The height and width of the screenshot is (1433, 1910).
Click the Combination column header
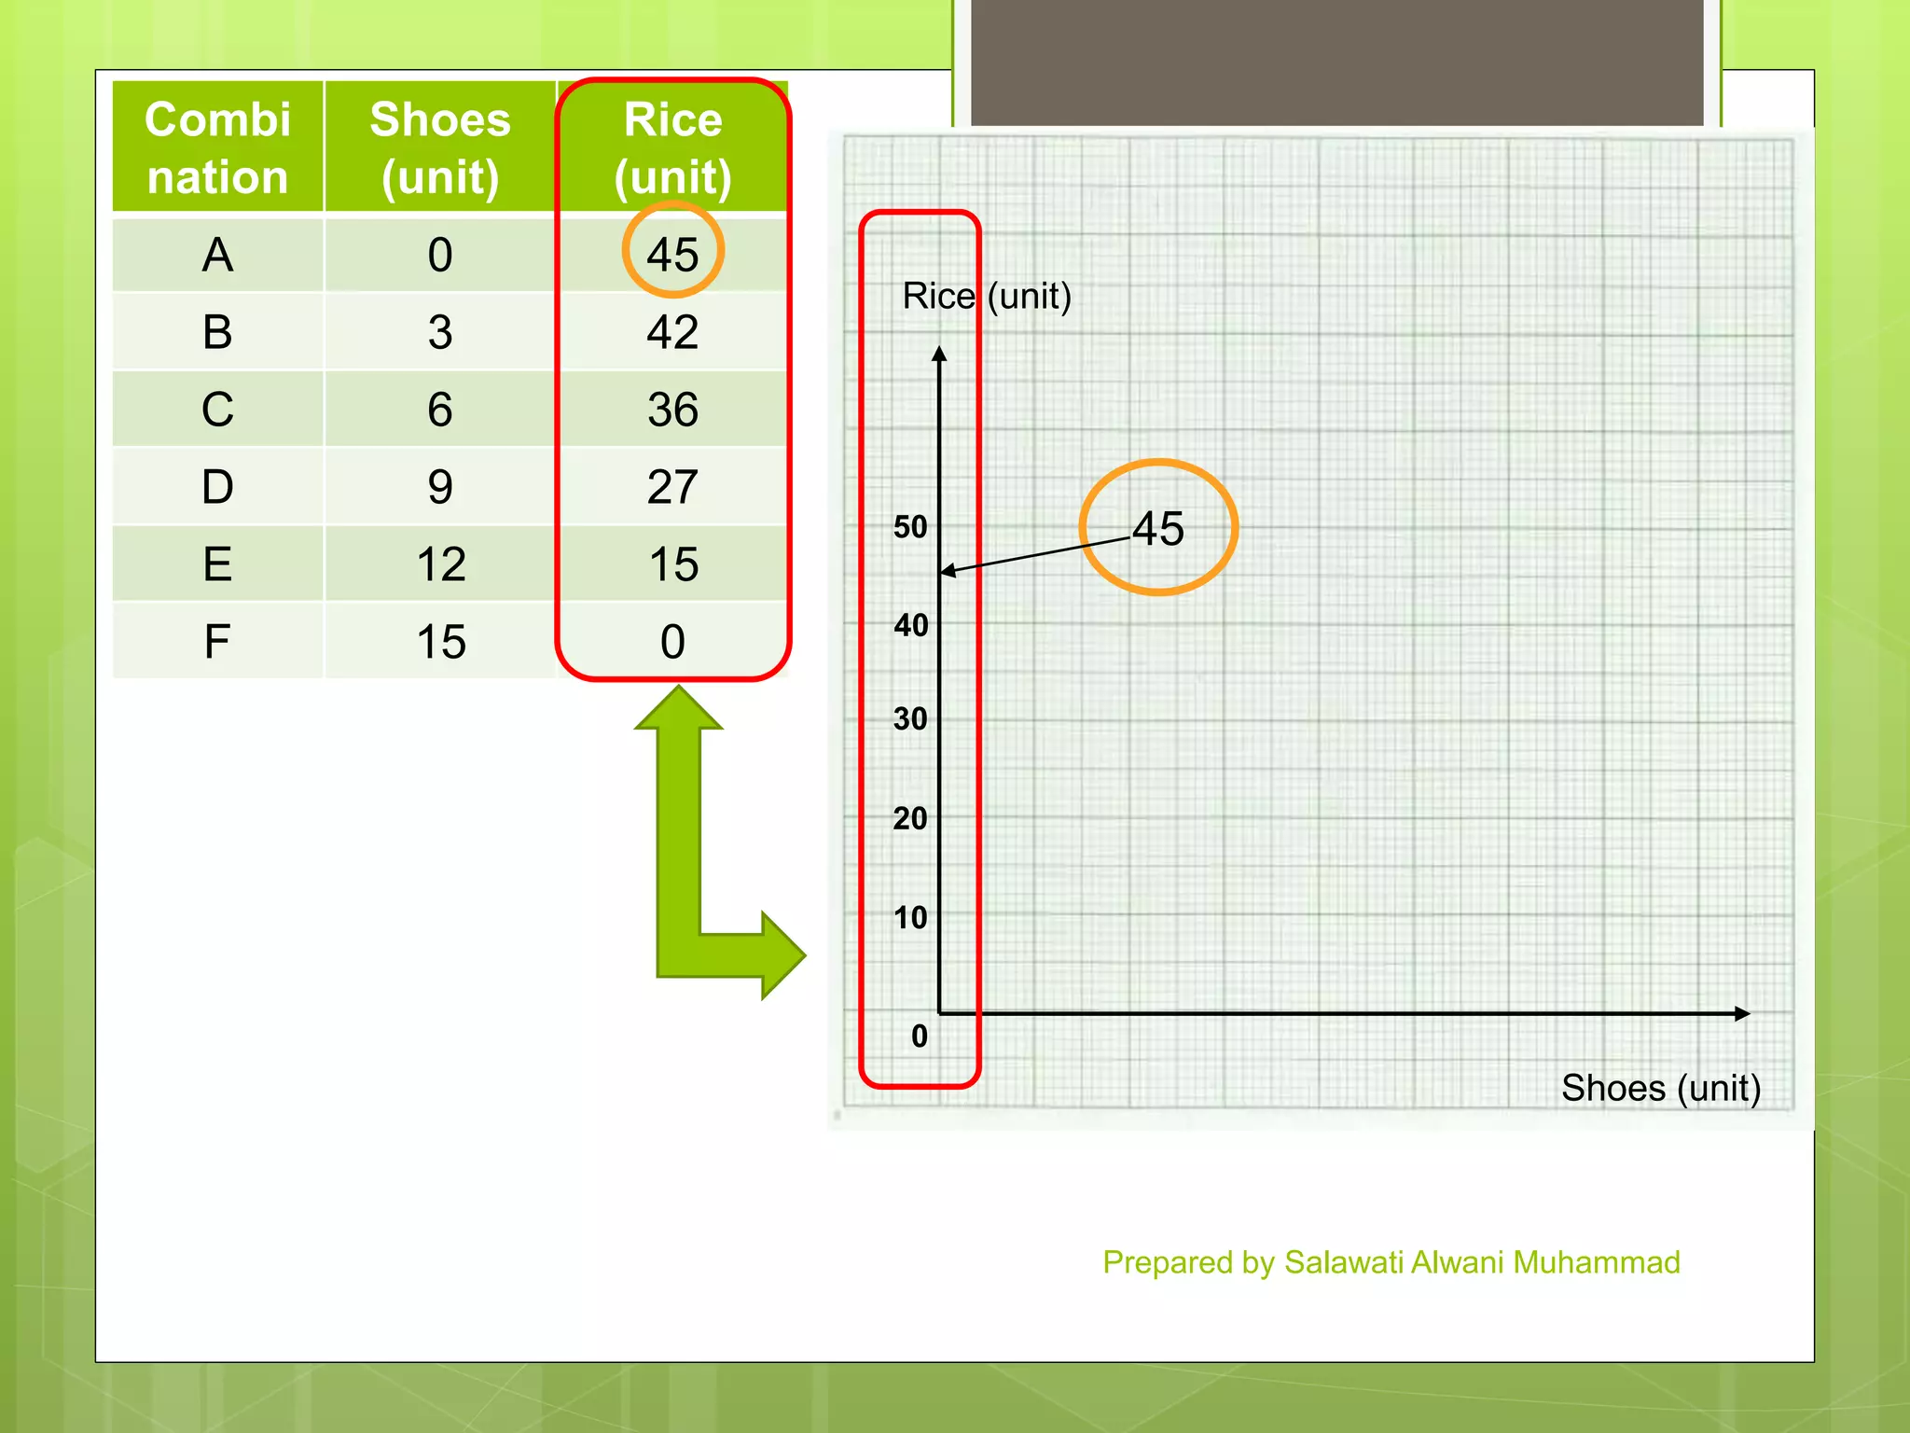(x=217, y=147)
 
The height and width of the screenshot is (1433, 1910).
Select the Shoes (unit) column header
(x=440, y=147)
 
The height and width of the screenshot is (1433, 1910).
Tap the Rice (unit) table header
(x=672, y=147)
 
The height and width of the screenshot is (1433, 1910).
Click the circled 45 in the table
(x=672, y=254)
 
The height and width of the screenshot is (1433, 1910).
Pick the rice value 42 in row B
(x=672, y=331)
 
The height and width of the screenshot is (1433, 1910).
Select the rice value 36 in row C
(x=672, y=409)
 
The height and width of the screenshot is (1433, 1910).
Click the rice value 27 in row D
(x=672, y=486)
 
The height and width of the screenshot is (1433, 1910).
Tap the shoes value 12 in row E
(x=440, y=563)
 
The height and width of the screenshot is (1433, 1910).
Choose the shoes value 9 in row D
(x=440, y=486)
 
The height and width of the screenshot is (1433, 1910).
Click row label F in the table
(x=217, y=641)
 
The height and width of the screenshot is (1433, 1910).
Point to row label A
(x=217, y=254)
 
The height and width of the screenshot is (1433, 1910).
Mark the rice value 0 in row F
(x=672, y=641)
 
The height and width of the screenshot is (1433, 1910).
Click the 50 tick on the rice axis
(x=910, y=527)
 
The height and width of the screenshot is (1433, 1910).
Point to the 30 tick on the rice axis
(x=910, y=718)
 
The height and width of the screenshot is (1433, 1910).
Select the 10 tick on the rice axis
(x=910, y=917)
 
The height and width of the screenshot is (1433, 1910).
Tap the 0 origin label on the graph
(x=920, y=1036)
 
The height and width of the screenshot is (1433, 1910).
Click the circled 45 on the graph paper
(x=1158, y=528)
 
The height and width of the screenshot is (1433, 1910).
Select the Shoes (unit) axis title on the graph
(x=1660, y=1088)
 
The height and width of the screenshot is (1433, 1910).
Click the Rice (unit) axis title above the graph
(x=987, y=297)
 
